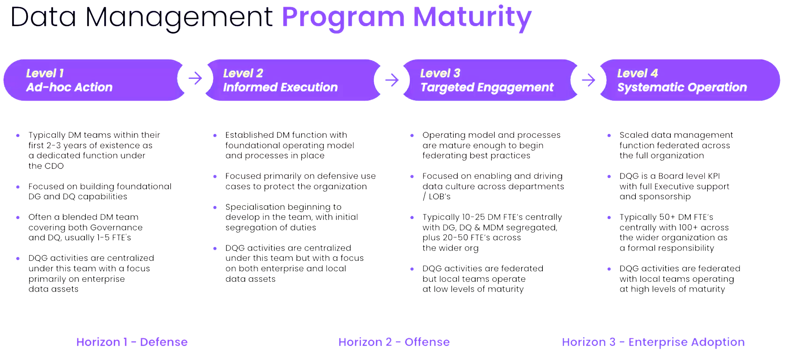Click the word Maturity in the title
[472, 18]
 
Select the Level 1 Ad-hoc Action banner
[94, 80]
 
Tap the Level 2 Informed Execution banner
[293, 80]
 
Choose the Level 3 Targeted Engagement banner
[490, 80]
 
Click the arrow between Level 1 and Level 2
[195, 78]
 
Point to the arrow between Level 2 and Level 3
[392, 80]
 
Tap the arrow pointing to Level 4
[588, 80]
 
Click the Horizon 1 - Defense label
[132, 342]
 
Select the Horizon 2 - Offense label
[394, 342]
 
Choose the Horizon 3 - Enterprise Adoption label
[653, 342]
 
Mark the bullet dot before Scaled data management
[609, 135]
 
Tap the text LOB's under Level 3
[440, 197]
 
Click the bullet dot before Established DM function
[215, 135]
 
